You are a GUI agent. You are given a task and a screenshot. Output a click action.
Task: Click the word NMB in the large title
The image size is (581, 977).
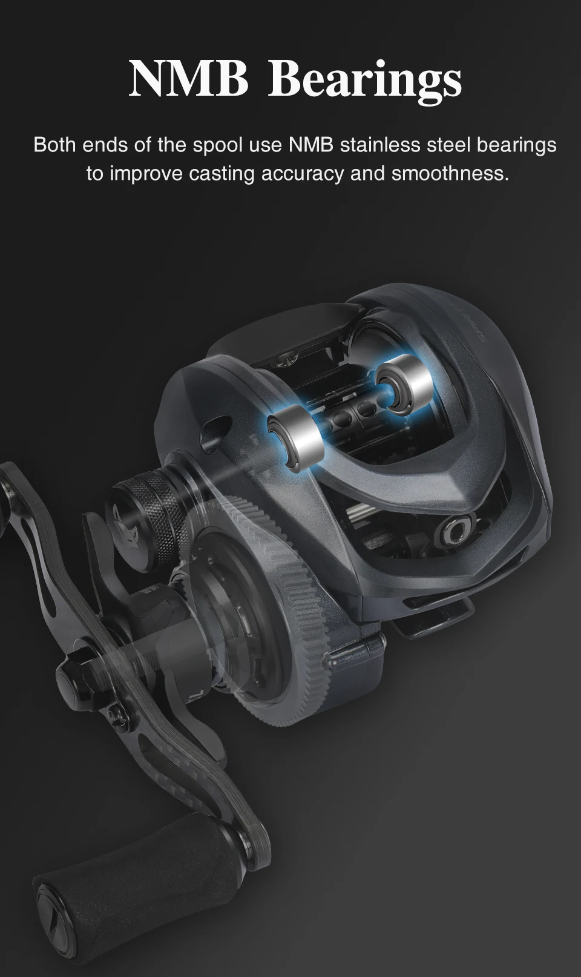click(x=188, y=79)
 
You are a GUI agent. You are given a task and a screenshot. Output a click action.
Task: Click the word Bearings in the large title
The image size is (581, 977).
click(x=364, y=82)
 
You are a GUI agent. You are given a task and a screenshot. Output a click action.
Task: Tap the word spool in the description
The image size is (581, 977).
click(x=217, y=146)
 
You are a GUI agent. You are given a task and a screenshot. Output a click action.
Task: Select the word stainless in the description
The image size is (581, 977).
click(x=379, y=145)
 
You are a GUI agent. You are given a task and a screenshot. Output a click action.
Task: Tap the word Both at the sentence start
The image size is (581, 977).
click(x=55, y=145)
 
